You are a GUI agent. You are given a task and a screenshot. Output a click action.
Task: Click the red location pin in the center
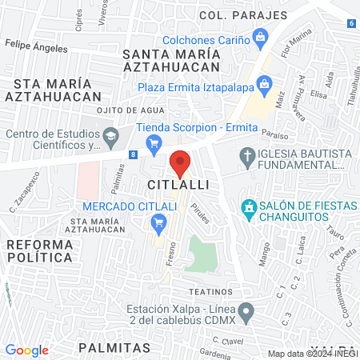click(180, 162)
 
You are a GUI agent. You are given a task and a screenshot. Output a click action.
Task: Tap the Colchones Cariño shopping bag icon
click(261, 37)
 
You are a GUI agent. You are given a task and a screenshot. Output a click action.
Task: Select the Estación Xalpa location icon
click(247, 310)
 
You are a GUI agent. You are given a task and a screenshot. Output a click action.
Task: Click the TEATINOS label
click(210, 292)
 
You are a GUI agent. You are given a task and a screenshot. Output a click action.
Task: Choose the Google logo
click(26, 350)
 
